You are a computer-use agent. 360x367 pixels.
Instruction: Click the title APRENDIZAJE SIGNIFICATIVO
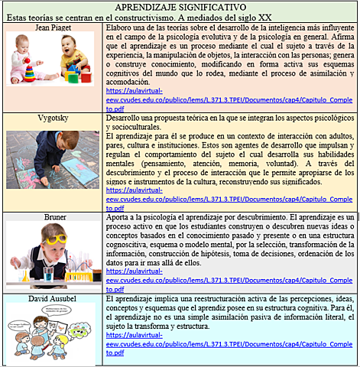180,7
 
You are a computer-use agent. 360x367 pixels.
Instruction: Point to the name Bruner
53,219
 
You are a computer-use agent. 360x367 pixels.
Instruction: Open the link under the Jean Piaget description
229,99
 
